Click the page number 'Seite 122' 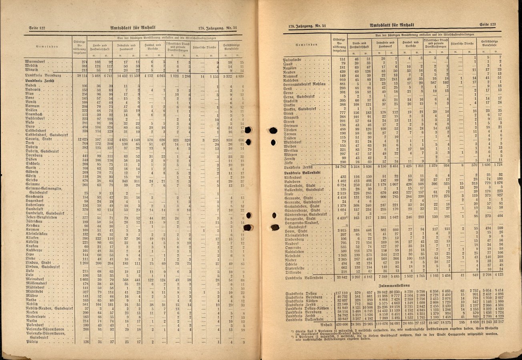[37, 28]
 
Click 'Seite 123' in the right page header [487, 25]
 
